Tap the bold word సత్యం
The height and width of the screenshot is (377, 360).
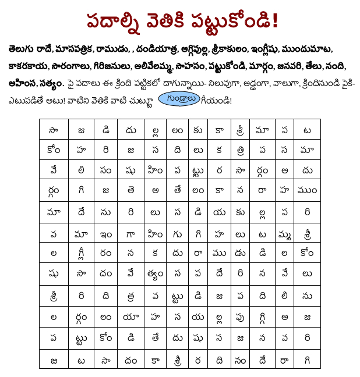point(52,84)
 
